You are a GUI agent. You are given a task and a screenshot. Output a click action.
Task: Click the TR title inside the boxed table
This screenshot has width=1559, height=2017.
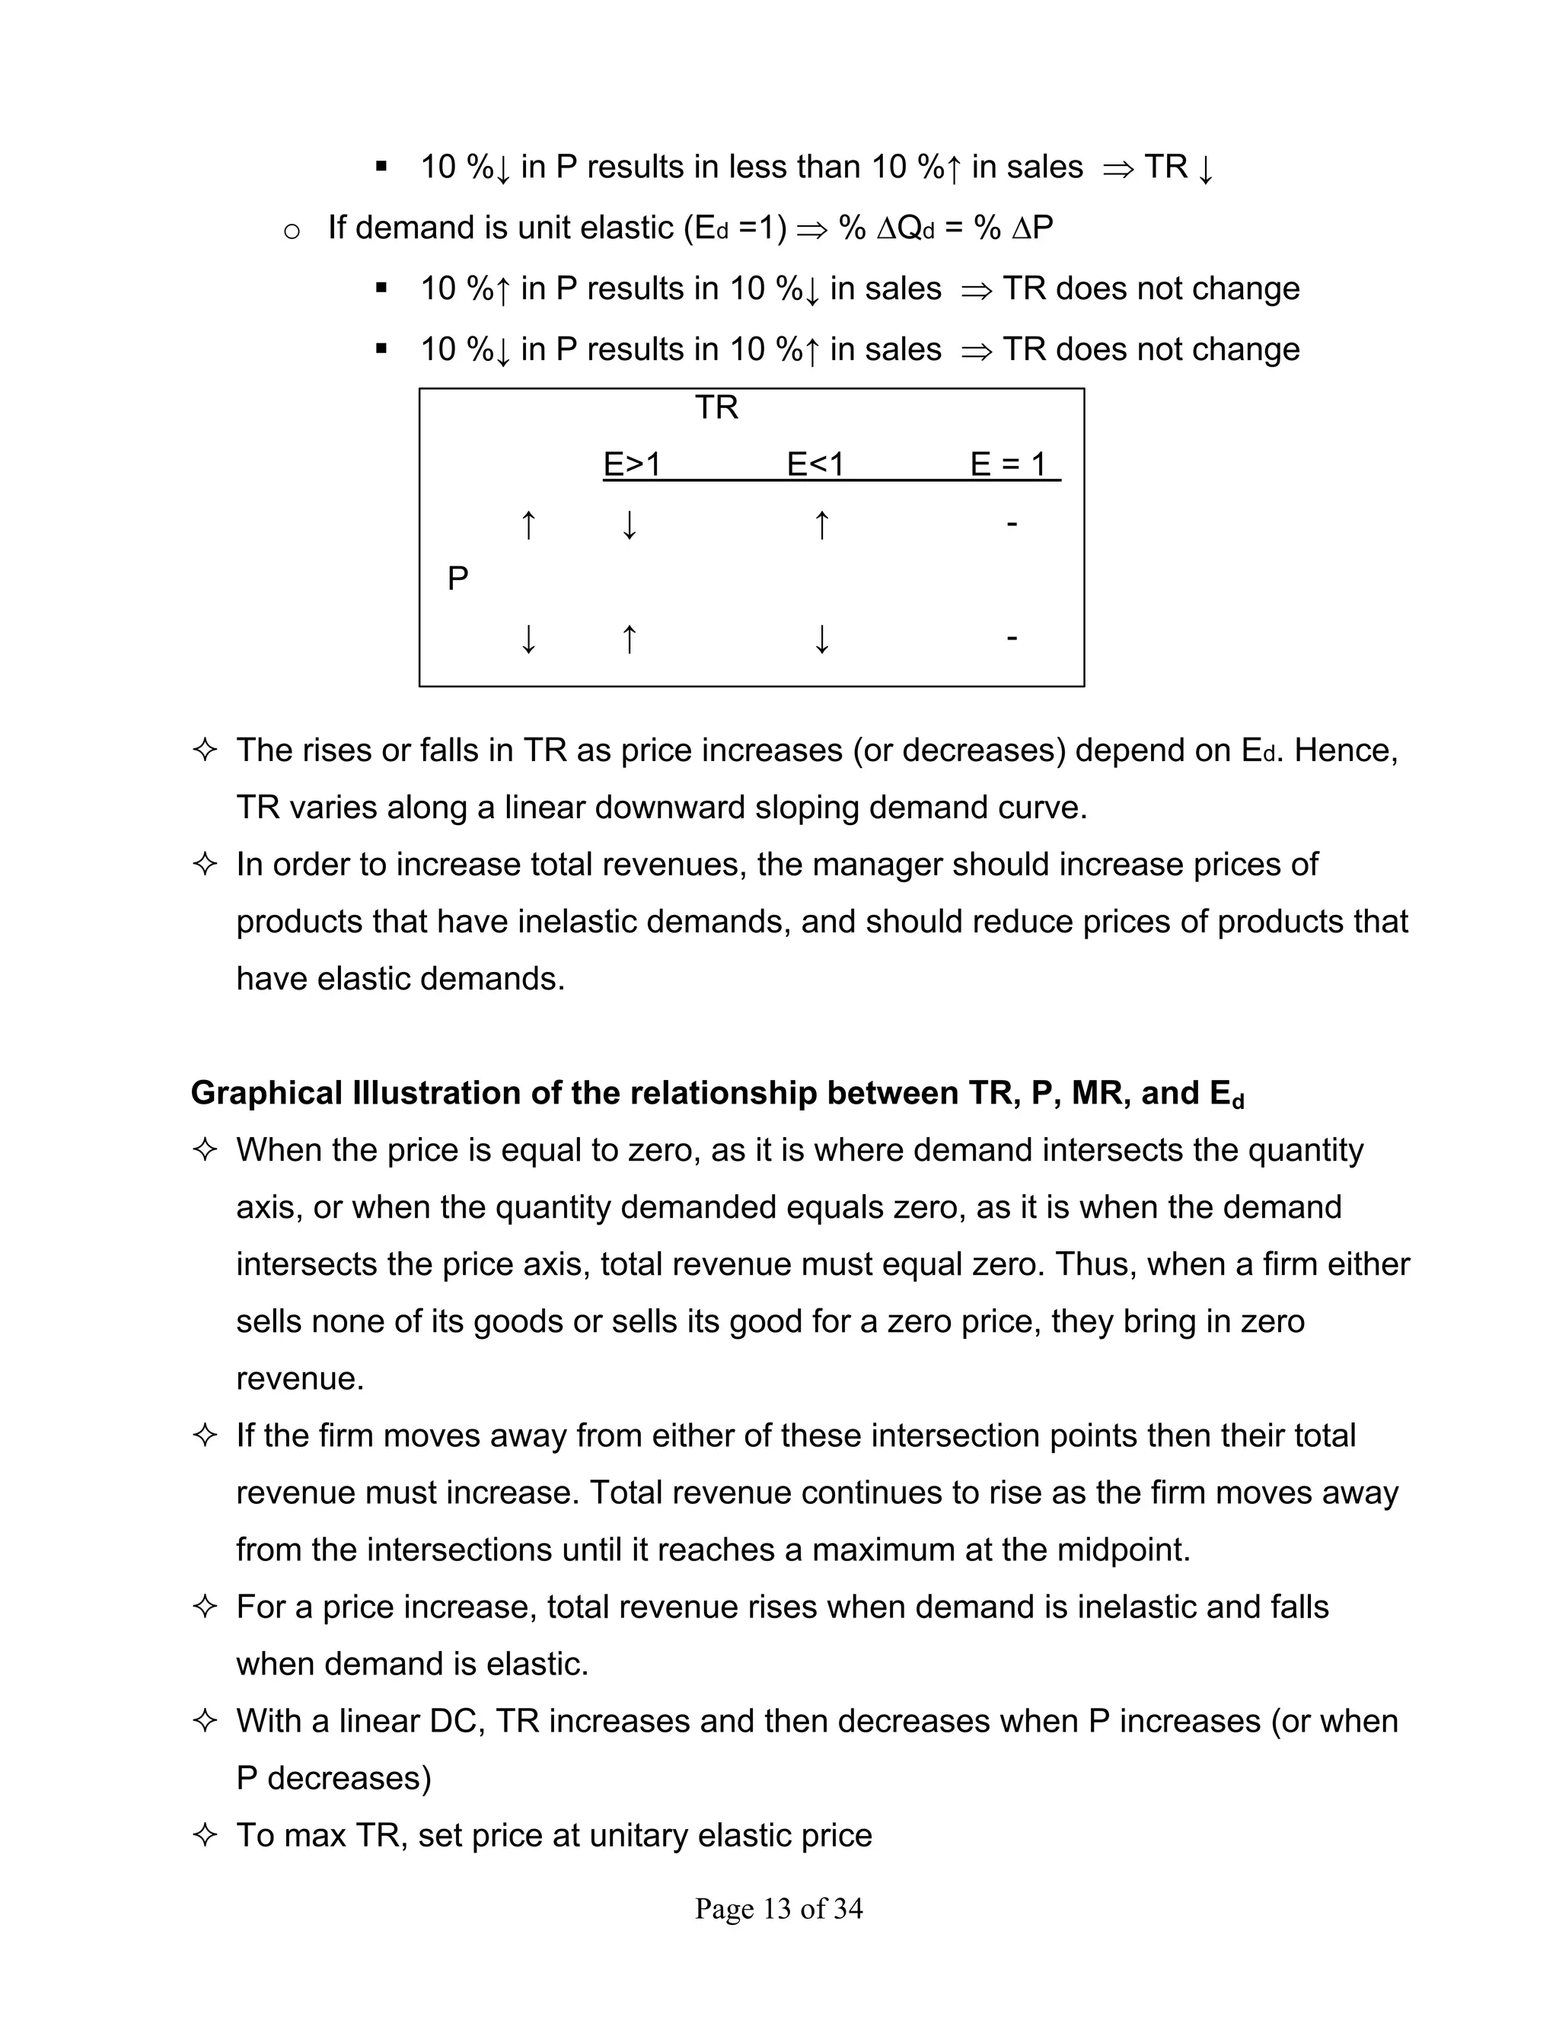[x=716, y=407]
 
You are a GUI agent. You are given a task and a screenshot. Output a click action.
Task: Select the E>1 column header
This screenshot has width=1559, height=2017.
[x=632, y=464]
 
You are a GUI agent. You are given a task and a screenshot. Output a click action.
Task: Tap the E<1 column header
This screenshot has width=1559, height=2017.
[x=815, y=464]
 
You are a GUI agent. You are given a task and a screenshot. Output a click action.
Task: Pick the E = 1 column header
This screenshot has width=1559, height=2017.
[x=1009, y=464]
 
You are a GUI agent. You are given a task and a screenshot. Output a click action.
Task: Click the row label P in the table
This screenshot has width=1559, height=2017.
[x=457, y=579]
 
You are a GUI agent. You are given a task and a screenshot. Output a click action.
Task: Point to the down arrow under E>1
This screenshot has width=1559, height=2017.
[x=629, y=524]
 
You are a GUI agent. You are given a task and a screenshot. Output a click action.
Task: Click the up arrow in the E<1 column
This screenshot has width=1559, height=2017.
[x=821, y=524]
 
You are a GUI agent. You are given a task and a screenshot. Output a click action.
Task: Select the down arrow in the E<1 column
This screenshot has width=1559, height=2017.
[x=821, y=638]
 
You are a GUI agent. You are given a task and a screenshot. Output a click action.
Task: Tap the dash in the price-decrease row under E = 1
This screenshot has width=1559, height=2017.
[x=1012, y=637]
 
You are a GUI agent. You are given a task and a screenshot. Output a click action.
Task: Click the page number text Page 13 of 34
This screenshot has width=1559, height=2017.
[x=779, y=1908]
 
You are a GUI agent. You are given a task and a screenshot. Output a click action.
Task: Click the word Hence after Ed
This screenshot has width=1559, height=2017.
[x=1345, y=750]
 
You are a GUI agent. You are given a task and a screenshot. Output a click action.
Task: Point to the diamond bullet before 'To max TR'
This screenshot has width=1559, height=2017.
[x=204, y=1834]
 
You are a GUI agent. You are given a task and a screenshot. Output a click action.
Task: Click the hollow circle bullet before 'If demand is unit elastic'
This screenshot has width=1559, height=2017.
[x=292, y=230]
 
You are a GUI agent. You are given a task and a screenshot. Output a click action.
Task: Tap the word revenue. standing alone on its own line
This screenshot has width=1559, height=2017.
[x=300, y=1378]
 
